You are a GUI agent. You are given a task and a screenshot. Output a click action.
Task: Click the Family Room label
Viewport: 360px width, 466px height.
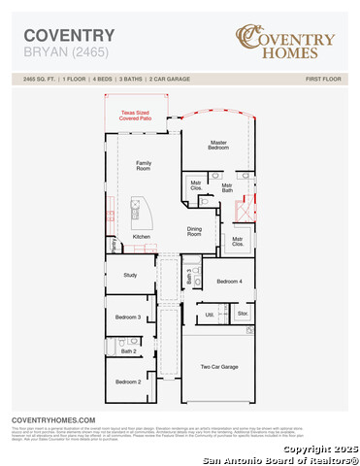pos(143,165)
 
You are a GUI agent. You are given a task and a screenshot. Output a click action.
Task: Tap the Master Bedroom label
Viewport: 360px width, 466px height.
pos(218,145)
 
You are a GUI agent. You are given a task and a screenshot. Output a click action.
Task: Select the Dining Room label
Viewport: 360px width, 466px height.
pos(194,231)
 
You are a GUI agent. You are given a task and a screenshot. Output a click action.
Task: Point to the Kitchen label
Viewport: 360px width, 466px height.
pos(142,236)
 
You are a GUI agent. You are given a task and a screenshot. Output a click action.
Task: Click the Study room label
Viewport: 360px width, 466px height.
pos(129,275)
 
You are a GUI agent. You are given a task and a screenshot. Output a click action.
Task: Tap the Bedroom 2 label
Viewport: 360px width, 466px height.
pos(129,383)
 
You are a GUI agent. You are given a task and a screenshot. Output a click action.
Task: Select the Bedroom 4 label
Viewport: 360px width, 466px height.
pos(229,282)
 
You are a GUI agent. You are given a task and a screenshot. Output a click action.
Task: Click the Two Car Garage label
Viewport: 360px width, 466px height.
pos(219,367)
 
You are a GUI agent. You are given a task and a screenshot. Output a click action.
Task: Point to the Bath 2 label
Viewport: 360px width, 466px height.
pos(129,350)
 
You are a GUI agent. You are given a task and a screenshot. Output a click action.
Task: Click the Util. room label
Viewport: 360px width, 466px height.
pos(210,315)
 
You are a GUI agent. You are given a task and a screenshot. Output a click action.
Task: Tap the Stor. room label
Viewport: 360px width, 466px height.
pos(243,315)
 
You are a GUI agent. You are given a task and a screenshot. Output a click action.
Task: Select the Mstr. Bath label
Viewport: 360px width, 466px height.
pos(227,187)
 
